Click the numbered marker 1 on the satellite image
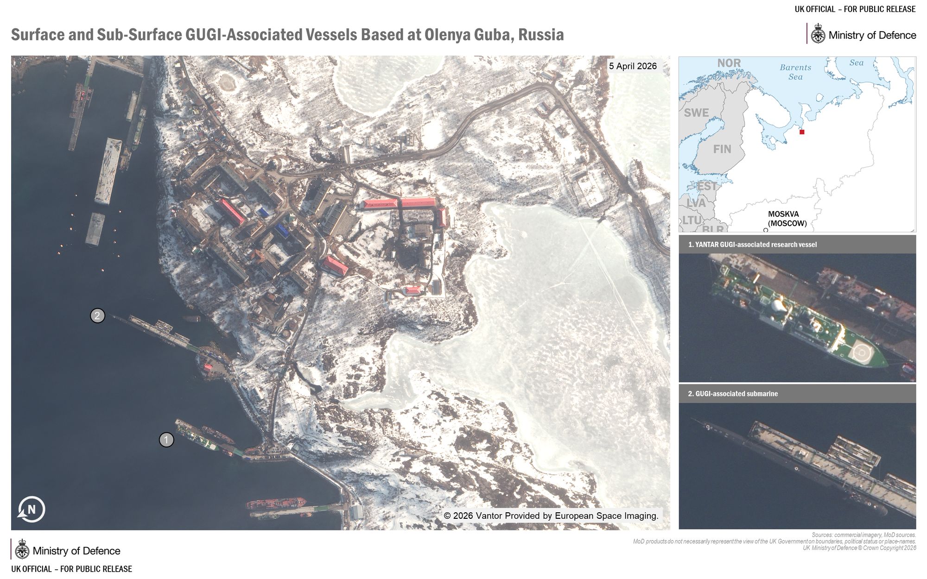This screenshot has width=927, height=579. (166, 440)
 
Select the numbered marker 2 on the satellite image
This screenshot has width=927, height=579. (97, 316)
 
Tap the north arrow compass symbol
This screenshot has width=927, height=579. (31, 510)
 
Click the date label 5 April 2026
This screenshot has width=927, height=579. (633, 66)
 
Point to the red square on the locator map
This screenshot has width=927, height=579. (802, 132)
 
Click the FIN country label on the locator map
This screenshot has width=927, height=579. (722, 149)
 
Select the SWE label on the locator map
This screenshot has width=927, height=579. (696, 113)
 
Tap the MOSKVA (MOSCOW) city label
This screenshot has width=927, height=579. (787, 219)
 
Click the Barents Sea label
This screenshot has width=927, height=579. (795, 72)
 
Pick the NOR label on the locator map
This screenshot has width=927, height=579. (729, 63)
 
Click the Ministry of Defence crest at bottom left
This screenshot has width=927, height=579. (22, 550)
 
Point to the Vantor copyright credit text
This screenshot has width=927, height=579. (551, 516)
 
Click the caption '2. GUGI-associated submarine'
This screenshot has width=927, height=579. (733, 394)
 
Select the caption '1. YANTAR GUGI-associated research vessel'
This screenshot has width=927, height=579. (752, 245)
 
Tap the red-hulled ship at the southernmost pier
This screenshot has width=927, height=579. (276, 503)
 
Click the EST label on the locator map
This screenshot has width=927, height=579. (707, 186)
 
